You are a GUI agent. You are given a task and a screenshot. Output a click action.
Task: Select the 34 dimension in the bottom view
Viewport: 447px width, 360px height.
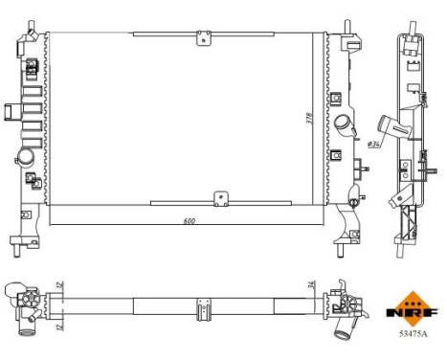[313, 283]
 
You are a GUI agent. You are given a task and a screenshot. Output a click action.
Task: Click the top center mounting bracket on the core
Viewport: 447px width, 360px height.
[202, 37]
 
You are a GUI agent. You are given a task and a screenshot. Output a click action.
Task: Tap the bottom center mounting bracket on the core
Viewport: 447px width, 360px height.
[220, 198]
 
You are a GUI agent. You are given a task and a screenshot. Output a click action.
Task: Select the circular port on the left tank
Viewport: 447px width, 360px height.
[27, 155]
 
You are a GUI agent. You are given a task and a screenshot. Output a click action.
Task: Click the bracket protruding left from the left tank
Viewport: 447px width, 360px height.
[8, 111]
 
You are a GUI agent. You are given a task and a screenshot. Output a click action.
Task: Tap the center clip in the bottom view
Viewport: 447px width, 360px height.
[202, 310]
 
